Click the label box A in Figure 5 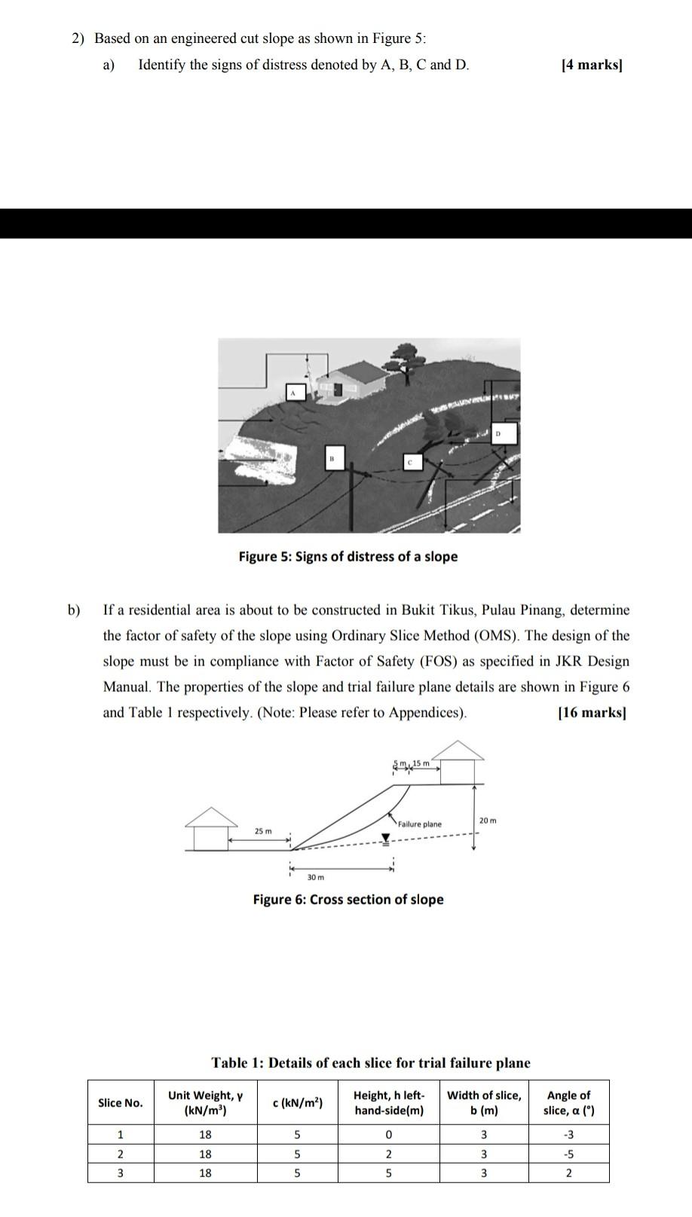(x=296, y=392)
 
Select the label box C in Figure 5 (x=412, y=461)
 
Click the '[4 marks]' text (x=592, y=65)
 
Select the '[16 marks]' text (x=592, y=713)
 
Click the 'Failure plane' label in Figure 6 (x=420, y=824)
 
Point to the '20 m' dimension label (x=488, y=820)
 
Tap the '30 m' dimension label (x=315, y=877)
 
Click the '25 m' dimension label (x=263, y=831)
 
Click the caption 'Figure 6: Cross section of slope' (x=348, y=900)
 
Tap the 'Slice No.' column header (x=120, y=1103)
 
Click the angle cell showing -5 (x=568, y=1154)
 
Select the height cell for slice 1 (x=388, y=1135)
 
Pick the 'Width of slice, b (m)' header (x=483, y=1103)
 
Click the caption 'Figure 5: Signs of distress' (x=348, y=557)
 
